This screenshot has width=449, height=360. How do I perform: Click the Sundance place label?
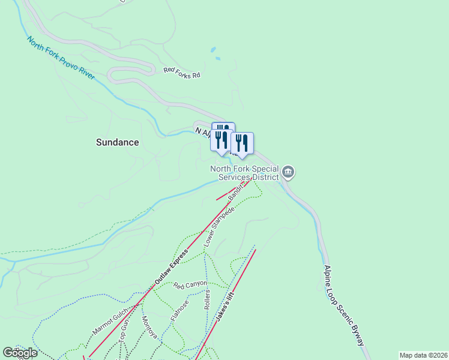tap(118, 142)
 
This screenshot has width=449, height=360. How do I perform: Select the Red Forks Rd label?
tap(181, 70)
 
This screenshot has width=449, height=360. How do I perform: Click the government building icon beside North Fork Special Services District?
tap(288, 173)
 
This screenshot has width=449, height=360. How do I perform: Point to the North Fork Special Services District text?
tap(244, 173)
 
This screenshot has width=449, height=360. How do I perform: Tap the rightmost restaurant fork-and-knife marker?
tap(242, 143)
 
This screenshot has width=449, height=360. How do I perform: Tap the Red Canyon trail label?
tap(190, 284)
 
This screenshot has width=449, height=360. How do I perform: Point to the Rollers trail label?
tap(207, 299)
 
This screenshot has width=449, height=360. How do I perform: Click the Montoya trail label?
tap(149, 326)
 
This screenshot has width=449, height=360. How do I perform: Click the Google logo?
tap(20, 353)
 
